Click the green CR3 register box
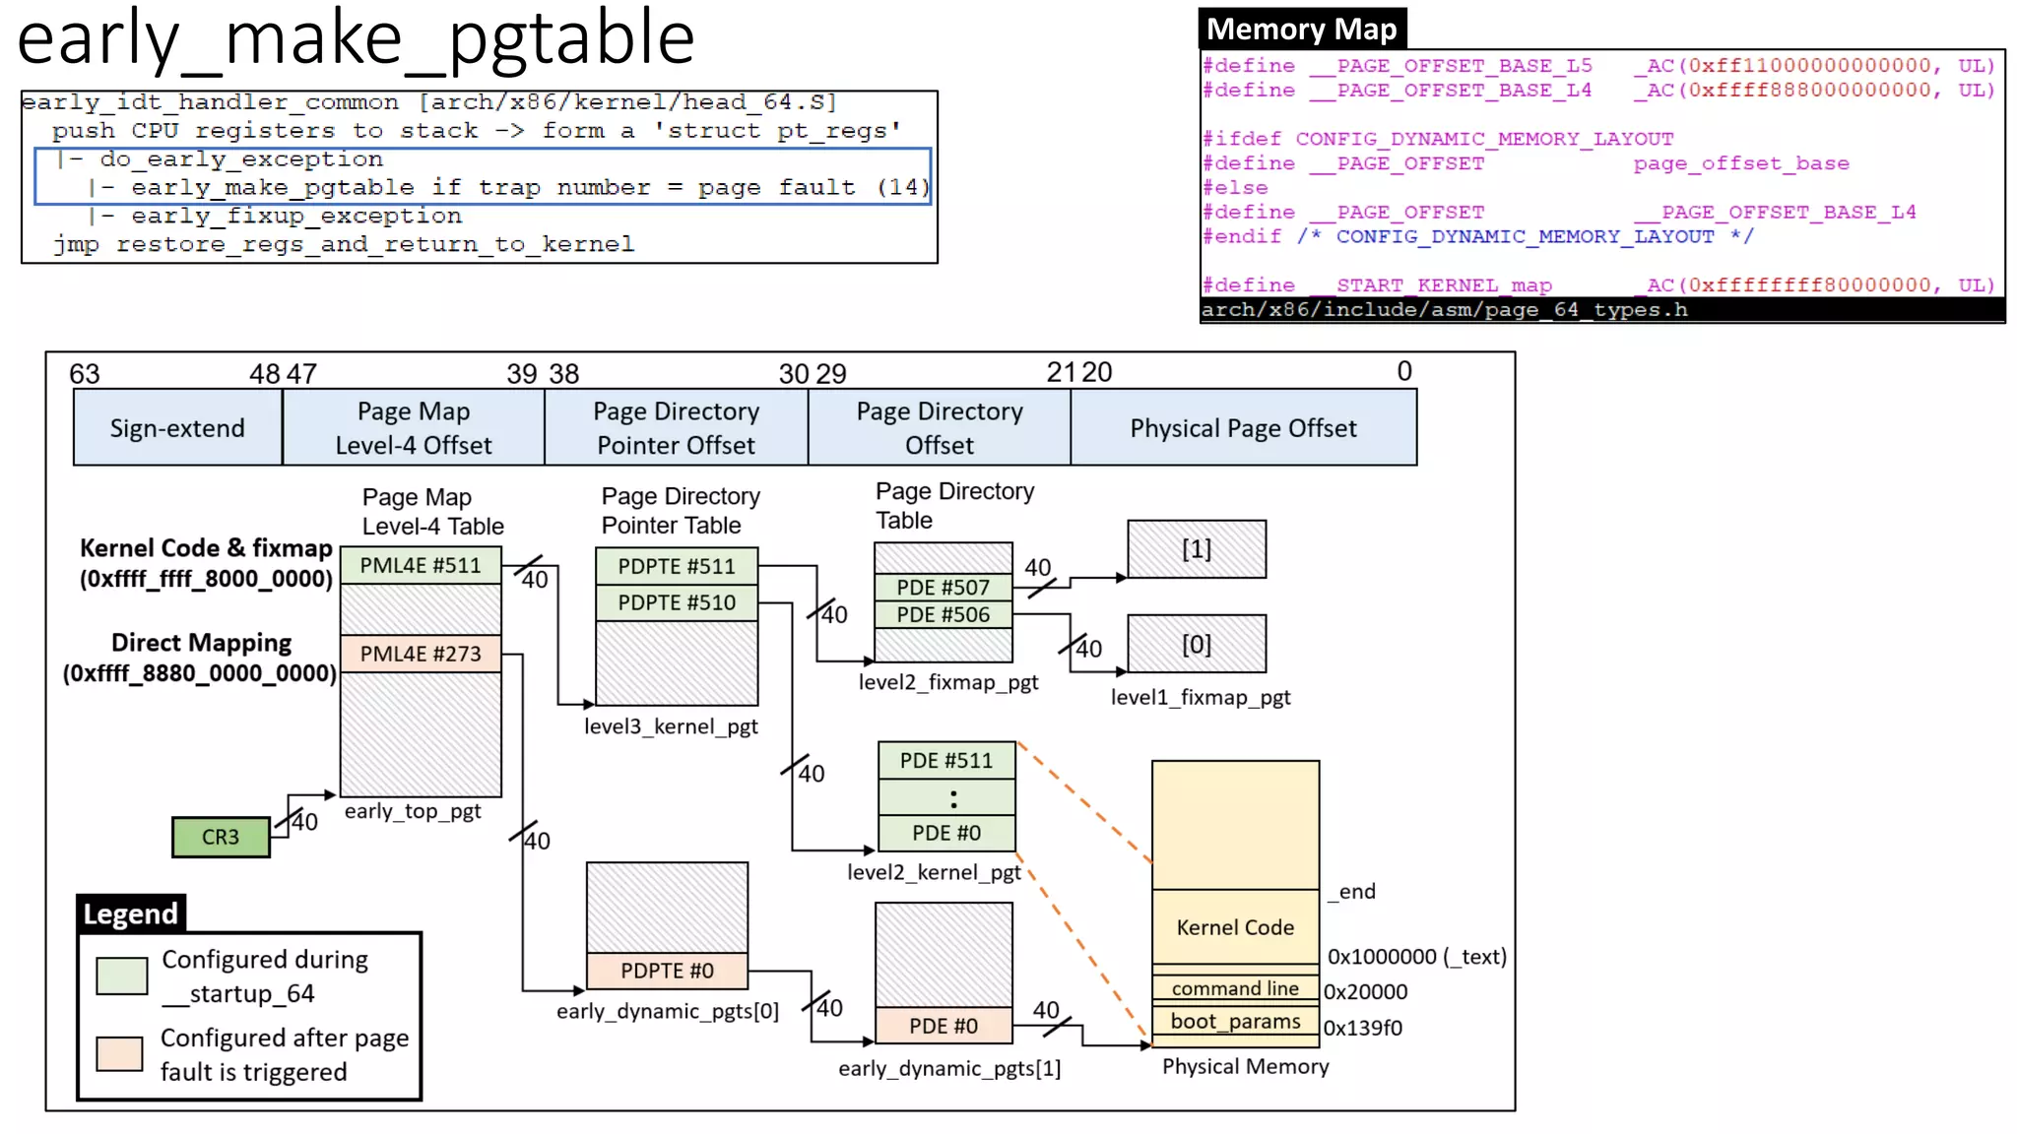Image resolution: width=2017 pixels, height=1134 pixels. tap(221, 837)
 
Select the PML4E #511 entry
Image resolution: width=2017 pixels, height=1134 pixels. tap(421, 566)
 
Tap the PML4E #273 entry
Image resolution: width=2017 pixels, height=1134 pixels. tap(421, 654)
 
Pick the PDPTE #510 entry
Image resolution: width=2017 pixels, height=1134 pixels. tap(677, 602)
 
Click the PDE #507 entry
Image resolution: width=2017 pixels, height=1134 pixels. tap(943, 588)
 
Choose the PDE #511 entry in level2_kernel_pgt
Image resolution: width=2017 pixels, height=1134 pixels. tap(945, 760)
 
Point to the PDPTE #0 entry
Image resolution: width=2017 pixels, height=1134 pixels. tap(667, 971)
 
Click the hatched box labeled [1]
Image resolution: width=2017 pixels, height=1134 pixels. tap(1197, 549)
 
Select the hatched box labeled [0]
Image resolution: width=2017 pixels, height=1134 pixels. tap(1197, 645)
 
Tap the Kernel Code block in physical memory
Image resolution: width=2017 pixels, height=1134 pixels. tap(1235, 927)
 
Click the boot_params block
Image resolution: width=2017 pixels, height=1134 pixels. tap(1235, 1021)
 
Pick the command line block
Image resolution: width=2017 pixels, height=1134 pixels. tap(1235, 988)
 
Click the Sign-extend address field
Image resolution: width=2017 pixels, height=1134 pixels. tap(177, 428)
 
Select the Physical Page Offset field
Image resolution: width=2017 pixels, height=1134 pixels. tap(1243, 428)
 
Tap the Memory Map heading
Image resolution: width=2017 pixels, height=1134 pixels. tap(1301, 30)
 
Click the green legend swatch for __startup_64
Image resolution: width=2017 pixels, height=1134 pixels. tap(122, 976)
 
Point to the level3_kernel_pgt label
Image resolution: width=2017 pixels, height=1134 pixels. tap(671, 726)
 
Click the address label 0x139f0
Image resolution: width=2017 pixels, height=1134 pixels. tap(1362, 1028)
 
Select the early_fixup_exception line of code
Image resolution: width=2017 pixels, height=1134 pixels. tap(295, 216)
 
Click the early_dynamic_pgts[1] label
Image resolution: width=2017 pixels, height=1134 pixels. tap(949, 1068)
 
